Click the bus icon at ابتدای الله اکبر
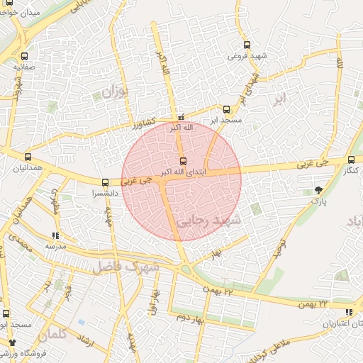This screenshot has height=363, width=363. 183,162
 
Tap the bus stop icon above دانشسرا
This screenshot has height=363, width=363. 105,182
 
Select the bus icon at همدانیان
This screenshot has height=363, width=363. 28,157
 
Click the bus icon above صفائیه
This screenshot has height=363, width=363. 25,57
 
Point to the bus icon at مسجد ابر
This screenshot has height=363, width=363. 226,110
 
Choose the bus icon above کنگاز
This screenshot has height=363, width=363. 352,160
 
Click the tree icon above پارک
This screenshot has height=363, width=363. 318,190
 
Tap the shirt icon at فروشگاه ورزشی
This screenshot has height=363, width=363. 12,342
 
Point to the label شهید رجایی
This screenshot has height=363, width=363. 208,221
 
